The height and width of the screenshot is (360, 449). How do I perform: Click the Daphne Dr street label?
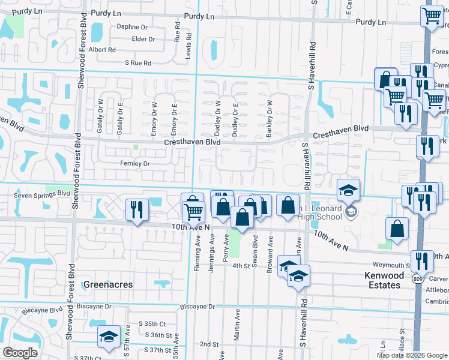[x=132, y=27]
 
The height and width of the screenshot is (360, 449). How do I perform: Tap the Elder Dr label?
[x=143, y=39]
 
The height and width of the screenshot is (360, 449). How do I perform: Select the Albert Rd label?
[x=102, y=50]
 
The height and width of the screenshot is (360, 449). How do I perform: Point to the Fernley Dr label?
[x=134, y=163]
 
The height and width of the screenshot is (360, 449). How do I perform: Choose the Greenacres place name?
[x=107, y=284]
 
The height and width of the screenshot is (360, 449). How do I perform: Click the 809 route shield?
[x=417, y=279]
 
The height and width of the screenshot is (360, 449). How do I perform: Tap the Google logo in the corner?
[x=20, y=353]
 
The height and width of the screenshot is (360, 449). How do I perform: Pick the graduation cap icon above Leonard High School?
[x=348, y=190]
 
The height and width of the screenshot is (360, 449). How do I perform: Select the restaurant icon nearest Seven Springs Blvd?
[x=137, y=209]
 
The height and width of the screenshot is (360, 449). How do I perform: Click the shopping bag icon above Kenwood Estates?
[x=397, y=228]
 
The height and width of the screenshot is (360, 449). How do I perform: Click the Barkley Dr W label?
[x=270, y=119]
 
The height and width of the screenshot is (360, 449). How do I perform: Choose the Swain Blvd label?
[x=255, y=254]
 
